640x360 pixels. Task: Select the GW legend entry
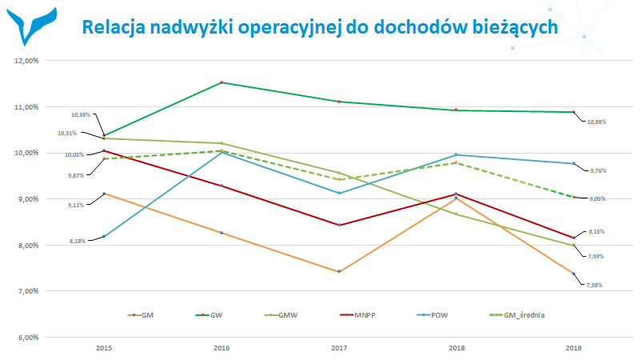[x=212, y=316]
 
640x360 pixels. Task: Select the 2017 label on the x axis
[x=339, y=349]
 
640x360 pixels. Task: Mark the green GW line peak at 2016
[x=222, y=82]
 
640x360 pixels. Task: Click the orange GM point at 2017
[x=339, y=272]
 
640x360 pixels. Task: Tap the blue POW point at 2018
[x=457, y=154]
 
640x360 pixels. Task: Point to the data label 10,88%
[x=597, y=122]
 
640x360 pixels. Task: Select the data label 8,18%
[x=77, y=239]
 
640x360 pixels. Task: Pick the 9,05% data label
[x=597, y=198]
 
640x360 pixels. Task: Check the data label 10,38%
[x=81, y=115]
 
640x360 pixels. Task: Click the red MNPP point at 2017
[x=339, y=225]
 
